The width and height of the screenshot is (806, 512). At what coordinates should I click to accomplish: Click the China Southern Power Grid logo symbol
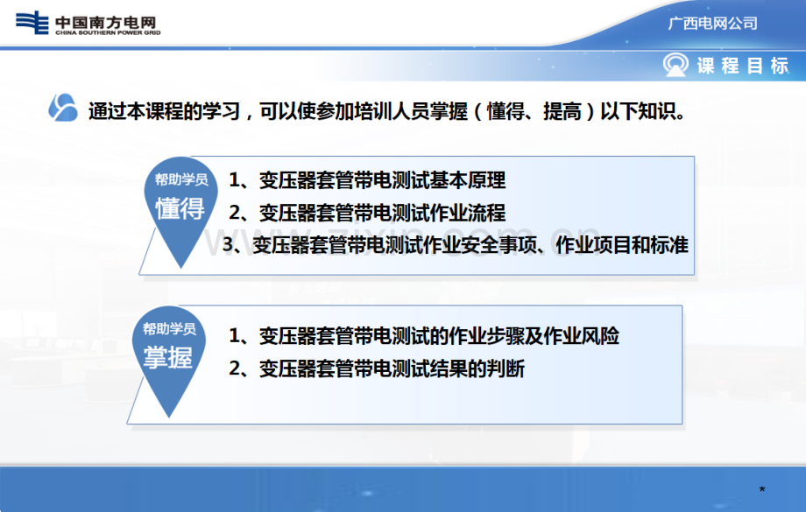[32, 23]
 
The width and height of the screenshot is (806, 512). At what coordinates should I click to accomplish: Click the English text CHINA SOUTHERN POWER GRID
[108, 33]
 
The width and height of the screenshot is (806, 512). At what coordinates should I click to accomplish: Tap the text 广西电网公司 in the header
[712, 23]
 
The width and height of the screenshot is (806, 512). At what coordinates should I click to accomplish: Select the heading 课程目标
[743, 66]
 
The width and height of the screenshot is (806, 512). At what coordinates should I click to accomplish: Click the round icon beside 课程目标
[675, 66]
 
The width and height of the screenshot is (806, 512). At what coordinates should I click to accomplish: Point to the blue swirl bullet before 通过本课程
[63, 108]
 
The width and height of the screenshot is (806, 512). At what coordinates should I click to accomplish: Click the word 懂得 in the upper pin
[180, 208]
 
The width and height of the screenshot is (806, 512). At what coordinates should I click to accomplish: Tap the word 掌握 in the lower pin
[168, 357]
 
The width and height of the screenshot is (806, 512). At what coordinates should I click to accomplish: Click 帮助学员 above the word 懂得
[181, 179]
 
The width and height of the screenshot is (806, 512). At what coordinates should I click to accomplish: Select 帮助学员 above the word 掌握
[169, 329]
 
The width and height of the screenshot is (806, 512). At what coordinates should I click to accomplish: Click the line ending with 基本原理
[367, 180]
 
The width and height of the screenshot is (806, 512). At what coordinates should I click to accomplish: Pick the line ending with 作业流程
[367, 213]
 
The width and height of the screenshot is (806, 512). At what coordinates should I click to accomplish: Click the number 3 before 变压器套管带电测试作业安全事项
[228, 244]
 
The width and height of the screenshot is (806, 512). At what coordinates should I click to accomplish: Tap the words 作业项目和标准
[621, 245]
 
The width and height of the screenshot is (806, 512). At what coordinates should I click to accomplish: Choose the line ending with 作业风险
[423, 336]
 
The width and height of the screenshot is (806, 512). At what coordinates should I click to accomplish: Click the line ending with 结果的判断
[376, 368]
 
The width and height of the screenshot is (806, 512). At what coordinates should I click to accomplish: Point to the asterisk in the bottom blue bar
[762, 489]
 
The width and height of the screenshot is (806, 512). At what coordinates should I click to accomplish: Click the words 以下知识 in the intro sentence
[638, 111]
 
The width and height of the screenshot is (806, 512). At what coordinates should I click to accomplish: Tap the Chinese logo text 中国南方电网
[105, 22]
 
